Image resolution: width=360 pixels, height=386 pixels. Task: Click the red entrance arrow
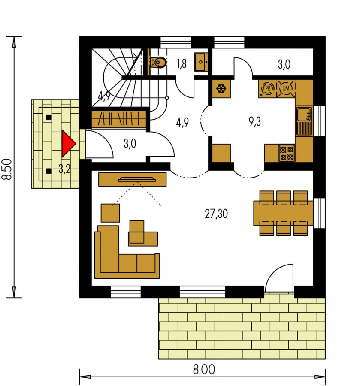point(68,144)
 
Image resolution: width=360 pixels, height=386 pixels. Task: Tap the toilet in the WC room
point(158,62)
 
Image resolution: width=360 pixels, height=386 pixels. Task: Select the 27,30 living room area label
point(216,214)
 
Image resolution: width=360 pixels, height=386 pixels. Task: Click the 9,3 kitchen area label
point(254,122)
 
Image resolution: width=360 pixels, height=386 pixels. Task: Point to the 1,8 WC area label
point(182,64)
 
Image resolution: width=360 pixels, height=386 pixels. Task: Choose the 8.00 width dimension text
point(204,370)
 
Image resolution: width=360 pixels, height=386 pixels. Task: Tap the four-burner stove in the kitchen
point(287,153)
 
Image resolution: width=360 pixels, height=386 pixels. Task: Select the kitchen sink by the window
point(304,121)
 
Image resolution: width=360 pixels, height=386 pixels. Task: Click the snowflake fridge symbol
point(221,89)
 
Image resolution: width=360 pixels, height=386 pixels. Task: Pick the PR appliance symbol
point(268,88)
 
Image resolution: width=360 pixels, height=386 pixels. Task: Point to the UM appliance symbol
point(286,88)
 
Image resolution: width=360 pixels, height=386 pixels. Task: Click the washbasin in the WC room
point(201,62)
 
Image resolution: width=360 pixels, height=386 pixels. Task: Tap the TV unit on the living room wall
point(133,179)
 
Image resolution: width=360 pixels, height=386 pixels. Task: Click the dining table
point(284,213)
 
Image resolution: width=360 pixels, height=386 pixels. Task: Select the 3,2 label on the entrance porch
point(64,169)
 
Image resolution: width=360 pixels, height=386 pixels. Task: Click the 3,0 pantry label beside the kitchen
point(284,64)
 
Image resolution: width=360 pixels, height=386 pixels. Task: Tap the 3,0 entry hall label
point(130,144)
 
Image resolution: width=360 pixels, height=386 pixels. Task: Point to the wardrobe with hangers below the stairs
point(119,119)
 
